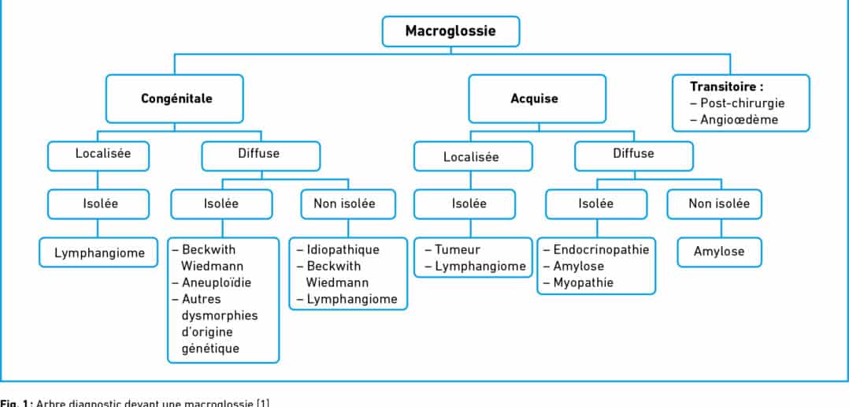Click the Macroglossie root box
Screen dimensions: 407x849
pyautogui.click(x=450, y=32)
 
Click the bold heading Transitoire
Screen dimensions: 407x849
pyautogui.click(x=727, y=87)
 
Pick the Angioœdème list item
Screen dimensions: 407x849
pyautogui.click(x=738, y=120)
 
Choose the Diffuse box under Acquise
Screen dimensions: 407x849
pyautogui.click(x=633, y=155)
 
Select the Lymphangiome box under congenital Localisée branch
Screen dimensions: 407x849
pyautogui.click(x=98, y=253)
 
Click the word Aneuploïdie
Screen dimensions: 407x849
pyautogui.click(x=217, y=282)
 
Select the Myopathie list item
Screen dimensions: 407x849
pyautogui.click(x=584, y=282)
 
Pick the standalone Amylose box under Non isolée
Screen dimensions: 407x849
pyautogui.click(x=718, y=252)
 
